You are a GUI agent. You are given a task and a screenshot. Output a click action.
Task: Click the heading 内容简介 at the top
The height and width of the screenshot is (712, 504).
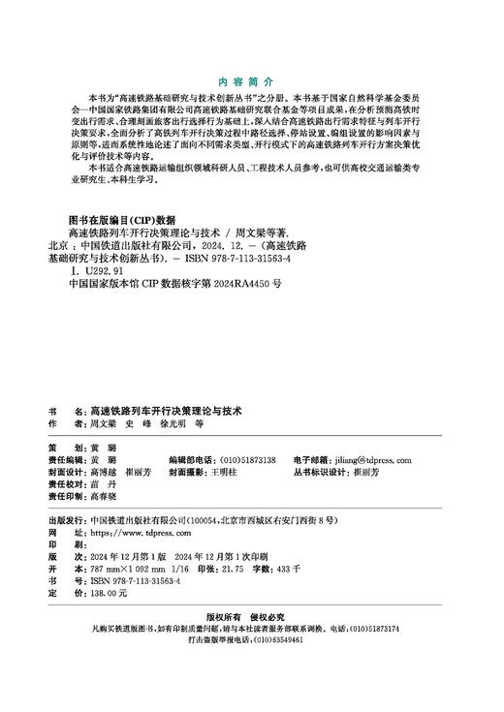pyautogui.click(x=251, y=83)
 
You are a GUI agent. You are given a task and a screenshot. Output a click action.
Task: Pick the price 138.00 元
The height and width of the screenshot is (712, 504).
pyautogui.click(x=108, y=592)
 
